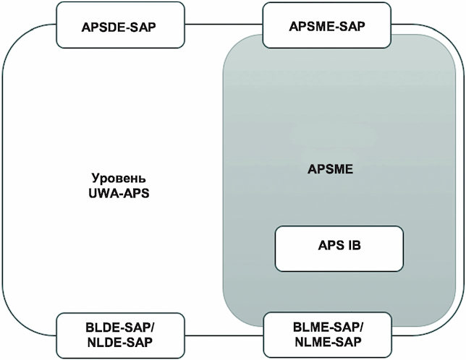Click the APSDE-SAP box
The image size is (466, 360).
[x=120, y=25]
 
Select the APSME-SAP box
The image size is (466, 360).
[x=326, y=25]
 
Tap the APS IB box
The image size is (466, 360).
[x=339, y=249]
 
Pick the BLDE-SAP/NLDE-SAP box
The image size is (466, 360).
[x=120, y=335]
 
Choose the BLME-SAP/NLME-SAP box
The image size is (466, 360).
[x=328, y=335]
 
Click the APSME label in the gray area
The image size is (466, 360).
[x=330, y=169]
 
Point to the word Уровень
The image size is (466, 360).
[x=119, y=179]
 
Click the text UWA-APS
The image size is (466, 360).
[x=119, y=194]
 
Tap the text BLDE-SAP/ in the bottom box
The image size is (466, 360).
[x=120, y=328]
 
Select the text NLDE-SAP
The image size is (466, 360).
[x=120, y=343]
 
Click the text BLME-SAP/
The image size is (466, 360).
[x=328, y=327]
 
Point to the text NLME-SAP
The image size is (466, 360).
[x=328, y=342]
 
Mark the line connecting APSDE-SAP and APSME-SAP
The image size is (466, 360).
[x=224, y=24]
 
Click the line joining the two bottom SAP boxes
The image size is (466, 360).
[x=224, y=335]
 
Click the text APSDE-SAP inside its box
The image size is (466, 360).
[x=119, y=27]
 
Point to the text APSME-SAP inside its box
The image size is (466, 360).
[x=327, y=27]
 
